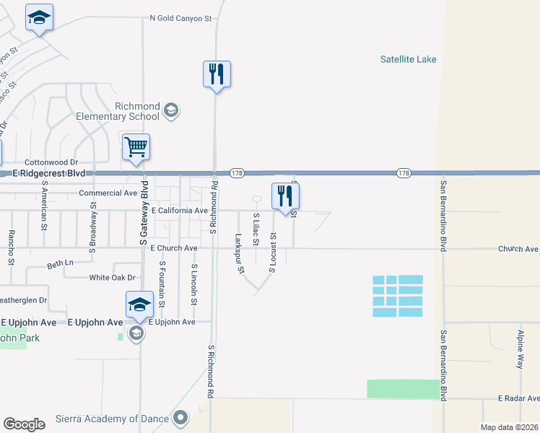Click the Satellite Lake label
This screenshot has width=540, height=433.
coord(408,59)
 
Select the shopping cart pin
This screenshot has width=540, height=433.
coord(136,147)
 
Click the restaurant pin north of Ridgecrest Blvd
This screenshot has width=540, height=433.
coord(217,74)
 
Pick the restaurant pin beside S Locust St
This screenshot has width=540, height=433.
coord(285,196)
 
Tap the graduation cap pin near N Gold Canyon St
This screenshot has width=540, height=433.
coord(39,18)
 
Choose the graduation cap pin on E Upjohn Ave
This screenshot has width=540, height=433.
coord(139,305)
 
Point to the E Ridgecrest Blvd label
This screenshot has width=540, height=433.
coord(48,174)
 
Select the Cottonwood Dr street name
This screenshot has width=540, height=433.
coord(51,163)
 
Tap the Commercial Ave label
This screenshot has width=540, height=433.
coord(108,193)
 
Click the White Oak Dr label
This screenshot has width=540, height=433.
coord(112,277)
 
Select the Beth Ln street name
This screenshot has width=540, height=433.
coord(59,263)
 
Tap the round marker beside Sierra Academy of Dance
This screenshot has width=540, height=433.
coord(180,417)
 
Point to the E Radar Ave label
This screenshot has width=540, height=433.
coord(518,398)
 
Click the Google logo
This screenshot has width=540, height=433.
coord(24,424)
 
